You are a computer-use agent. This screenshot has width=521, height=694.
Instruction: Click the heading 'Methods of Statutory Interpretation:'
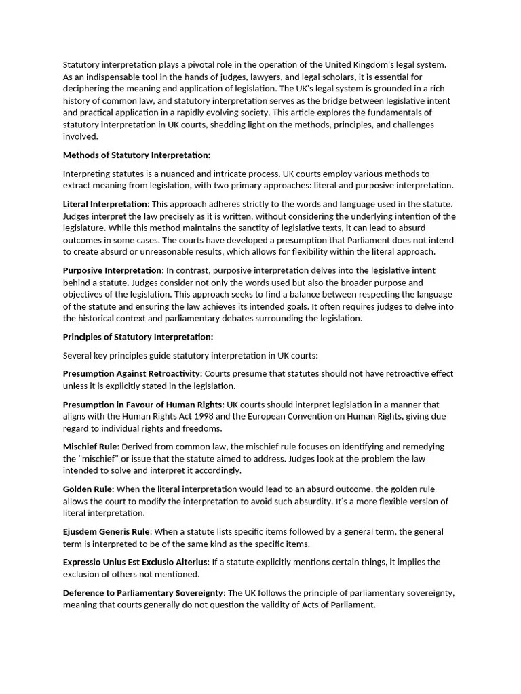[136, 155]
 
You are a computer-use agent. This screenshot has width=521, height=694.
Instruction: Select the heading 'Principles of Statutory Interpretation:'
[138, 337]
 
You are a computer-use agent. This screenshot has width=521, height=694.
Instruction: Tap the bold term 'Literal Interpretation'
[105, 204]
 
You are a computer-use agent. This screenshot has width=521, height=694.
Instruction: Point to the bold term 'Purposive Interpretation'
[113, 270]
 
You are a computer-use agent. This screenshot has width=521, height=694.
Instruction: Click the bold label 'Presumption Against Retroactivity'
[132, 373]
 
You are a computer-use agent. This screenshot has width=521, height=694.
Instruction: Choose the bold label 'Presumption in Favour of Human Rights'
[142, 405]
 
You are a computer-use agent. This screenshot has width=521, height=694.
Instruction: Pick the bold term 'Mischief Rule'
[90, 447]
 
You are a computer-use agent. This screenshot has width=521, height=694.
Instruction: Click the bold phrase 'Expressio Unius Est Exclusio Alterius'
[136, 562]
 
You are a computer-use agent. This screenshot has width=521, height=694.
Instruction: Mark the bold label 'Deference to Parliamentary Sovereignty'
[143, 592]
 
